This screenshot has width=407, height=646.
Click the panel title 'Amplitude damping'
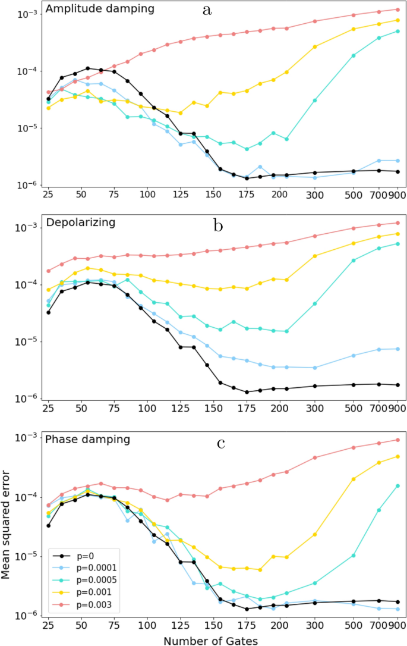100,9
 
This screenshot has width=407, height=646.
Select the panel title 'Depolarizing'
80,223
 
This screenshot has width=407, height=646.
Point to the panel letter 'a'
207,10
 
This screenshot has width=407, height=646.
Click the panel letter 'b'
218,225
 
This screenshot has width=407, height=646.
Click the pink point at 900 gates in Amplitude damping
397,10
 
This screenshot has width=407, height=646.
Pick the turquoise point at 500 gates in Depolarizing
354,261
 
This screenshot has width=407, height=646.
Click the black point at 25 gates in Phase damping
49,525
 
